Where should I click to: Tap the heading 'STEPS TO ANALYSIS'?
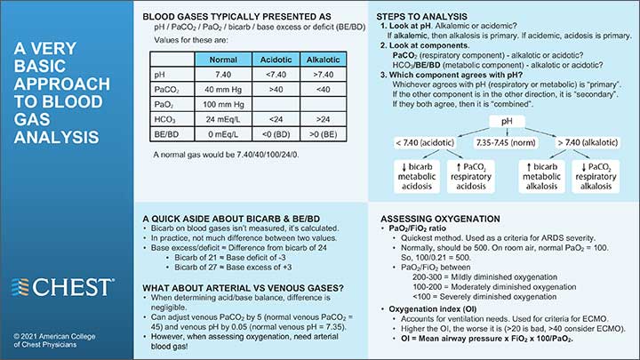pos(431,18)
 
